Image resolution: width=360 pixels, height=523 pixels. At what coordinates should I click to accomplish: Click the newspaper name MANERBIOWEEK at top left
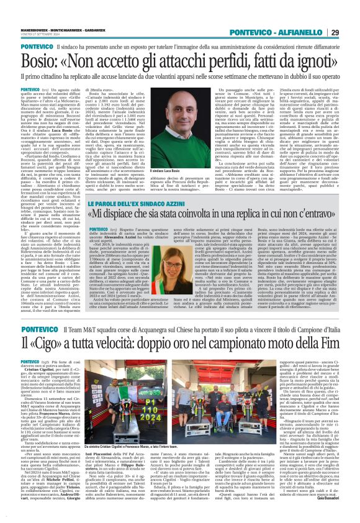pyautogui.click(x=18, y=8)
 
